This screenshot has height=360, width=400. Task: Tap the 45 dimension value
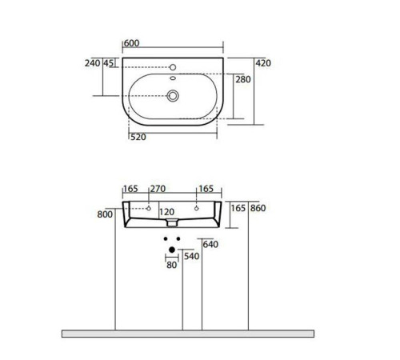[x=108, y=63]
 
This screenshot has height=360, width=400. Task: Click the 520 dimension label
[x=138, y=137]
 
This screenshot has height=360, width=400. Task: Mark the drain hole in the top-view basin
[x=172, y=95]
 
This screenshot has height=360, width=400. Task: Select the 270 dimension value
[x=157, y=190]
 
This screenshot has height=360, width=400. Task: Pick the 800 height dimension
[x=104, y=214]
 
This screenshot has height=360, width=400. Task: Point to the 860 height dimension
[x=258, y=208]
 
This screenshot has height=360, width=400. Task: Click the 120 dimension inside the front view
[x=166, y=212]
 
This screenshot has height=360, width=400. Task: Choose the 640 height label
[x=210, y=244]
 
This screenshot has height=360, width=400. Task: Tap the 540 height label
[x=190, y=256]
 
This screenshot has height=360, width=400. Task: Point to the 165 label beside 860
[x=238, y=208]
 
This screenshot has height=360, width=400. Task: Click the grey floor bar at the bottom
[x=188, y=333]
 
